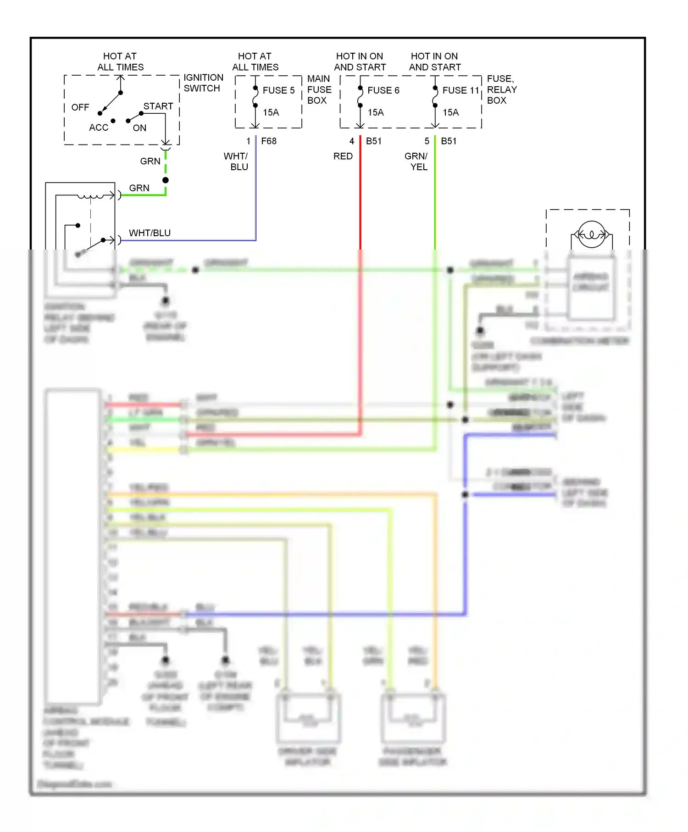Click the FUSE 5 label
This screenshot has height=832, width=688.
278,90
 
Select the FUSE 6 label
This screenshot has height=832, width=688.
383,90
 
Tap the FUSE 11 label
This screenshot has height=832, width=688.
461,90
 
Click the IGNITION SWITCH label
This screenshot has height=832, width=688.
203,83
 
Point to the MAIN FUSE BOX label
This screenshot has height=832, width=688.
319,89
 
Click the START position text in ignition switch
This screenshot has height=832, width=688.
158,106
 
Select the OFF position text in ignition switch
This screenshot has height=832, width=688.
80,107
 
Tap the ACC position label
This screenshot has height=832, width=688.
99,128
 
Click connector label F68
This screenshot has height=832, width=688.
269,141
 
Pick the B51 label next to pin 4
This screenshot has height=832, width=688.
373,141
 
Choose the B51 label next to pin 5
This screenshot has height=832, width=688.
449,141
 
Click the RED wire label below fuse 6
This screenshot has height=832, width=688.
343,156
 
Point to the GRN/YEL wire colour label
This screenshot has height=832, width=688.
416,161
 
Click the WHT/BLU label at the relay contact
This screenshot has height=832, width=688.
150,233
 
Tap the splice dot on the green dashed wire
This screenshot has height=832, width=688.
166,180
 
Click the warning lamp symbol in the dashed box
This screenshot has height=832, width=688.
591,234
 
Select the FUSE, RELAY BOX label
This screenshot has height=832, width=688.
501,89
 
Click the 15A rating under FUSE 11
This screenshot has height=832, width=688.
450,112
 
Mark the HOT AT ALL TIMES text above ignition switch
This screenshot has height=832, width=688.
120,61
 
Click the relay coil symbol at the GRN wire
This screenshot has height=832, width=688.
90,196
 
